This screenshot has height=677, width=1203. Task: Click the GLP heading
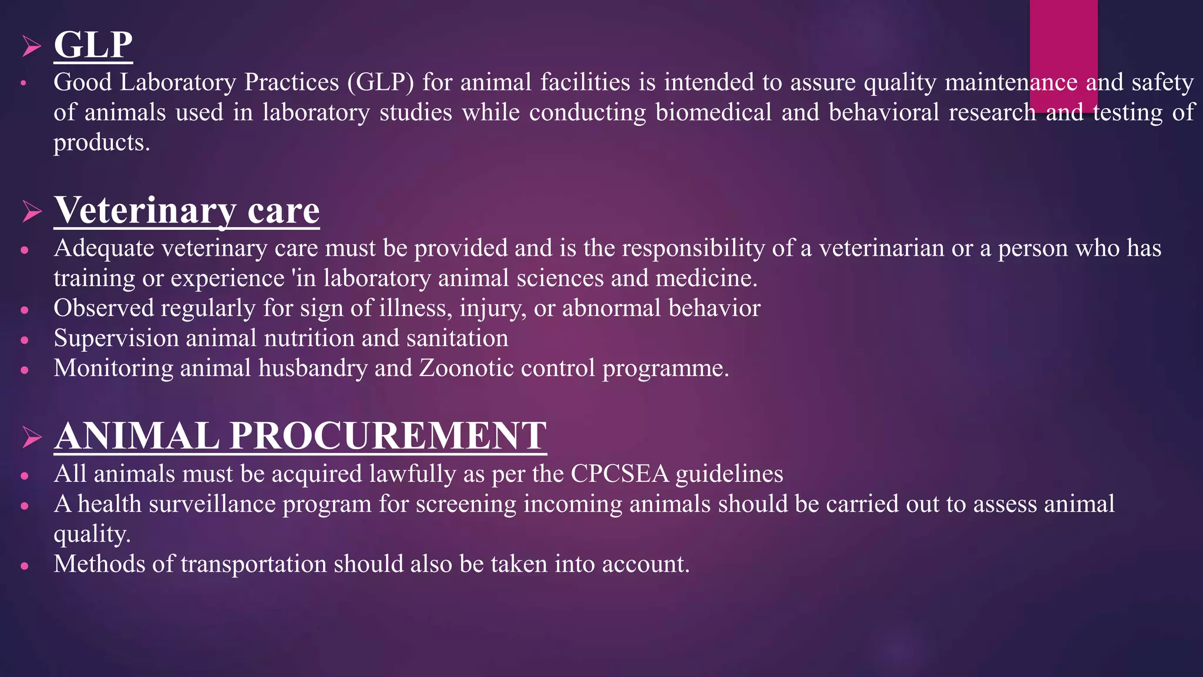click(x=93, y=45)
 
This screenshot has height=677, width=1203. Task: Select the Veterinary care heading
click(x=187, y=210)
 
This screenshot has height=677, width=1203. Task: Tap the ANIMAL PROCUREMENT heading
click(x=300, y=435)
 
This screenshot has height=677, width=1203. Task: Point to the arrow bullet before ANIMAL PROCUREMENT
click(x=31, y=437)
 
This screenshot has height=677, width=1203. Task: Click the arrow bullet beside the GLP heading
click(x=31, y=46)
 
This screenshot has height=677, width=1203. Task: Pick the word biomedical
click(x=713, y=112)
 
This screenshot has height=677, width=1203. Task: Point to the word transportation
click(x=253, y=564)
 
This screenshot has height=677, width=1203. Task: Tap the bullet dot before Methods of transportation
click(x=24, y=566)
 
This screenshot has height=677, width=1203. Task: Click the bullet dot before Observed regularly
click(x=24, y=310)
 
